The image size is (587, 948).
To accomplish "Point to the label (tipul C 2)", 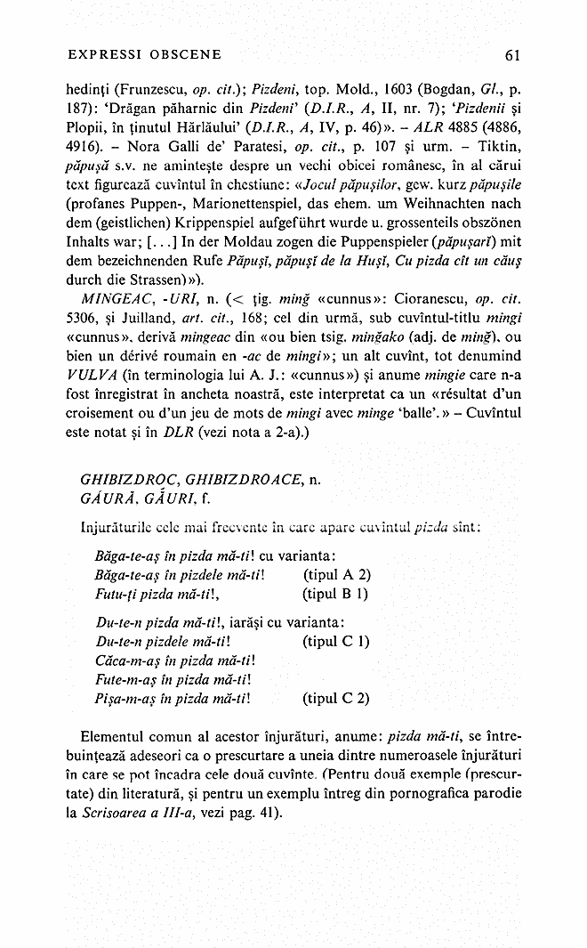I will point(336,698).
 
